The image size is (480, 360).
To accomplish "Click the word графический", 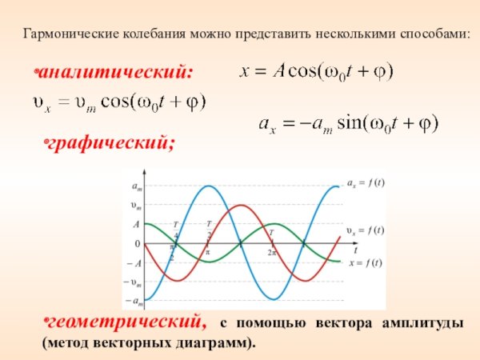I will (110, 144).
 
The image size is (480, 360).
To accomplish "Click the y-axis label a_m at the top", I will (137, 186).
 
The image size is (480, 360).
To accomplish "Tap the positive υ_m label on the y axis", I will (137, 205).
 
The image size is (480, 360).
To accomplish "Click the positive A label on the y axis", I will (137, 224).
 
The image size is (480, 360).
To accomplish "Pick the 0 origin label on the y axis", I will (137, 243).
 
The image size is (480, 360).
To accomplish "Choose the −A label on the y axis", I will (134, 262).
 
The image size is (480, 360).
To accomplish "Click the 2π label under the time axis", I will (271, 253).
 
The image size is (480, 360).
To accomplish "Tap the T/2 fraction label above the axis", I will (209, 229).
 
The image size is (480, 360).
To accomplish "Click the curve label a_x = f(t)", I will (366, 182).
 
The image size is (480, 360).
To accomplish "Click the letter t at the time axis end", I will (355, 250).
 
